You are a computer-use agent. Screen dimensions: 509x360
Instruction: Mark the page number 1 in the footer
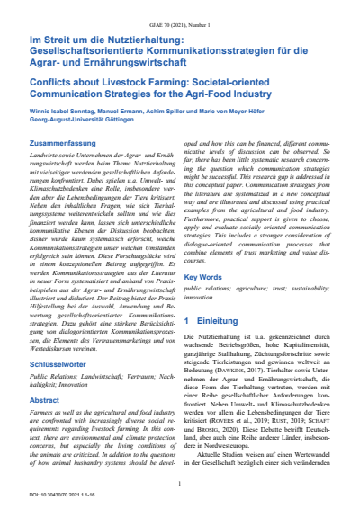click(x=180, y=484)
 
